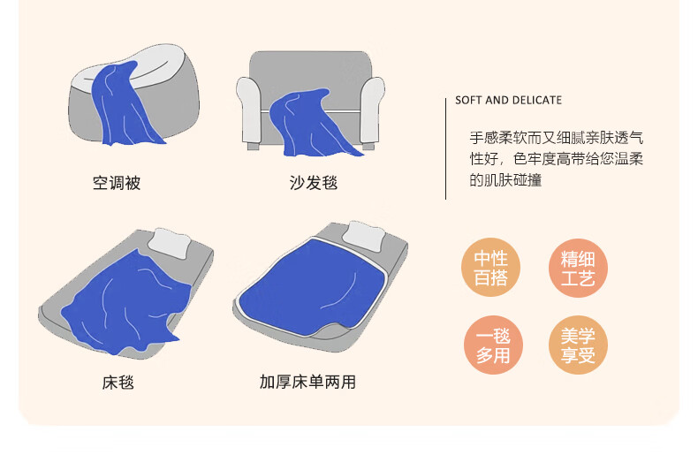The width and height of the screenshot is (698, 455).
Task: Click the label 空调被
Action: pyautogui.click(x=117, y=183)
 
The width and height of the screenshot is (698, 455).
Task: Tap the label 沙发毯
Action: pyautogui.click(x=314, y=183)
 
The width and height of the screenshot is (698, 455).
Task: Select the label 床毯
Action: pyautogui.click(x=118, y=382)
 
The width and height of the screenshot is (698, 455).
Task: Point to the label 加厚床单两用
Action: pyautogui.click(x=307, y=382)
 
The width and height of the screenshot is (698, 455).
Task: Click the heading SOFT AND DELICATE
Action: pyautogui.click(x=508, y=100)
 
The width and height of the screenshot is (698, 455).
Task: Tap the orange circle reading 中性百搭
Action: pyautogui.click(x=490, y=267)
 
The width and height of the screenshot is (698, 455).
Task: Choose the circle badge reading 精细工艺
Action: pyautogui.click(x=578, y=268)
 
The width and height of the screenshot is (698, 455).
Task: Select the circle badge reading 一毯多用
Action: pyautogui.click(x=493, y=345)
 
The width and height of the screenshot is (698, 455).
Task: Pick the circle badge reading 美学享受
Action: pyautogui.click(x=578, y=345)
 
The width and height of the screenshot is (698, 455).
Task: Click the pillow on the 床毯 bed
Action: pyautogui.click(x=169, y=243)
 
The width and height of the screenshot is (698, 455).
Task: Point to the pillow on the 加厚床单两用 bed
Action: pyautogui.click(x=365, y=235)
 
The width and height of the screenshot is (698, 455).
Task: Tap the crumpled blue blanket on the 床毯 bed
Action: pyautogui.click(x=125, y=303)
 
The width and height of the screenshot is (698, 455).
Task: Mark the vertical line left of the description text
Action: pyautogui.click(x=445, y=148)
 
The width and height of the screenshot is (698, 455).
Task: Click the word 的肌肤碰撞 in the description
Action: pyautogui.click(x=505, y=180)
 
